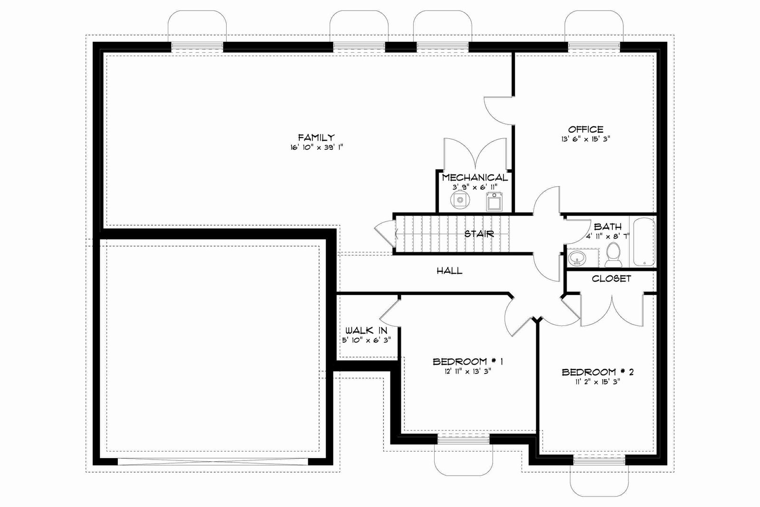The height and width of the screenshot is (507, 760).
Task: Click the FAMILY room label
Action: coord(316,137)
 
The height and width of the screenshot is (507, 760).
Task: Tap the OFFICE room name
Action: coord(586,129)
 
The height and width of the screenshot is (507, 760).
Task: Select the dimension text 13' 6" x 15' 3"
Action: coord(586,139)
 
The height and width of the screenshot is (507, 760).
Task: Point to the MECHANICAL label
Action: coord(475,178)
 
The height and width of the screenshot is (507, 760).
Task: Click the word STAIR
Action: coord(479,234)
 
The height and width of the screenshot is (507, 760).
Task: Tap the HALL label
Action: coord(449,270)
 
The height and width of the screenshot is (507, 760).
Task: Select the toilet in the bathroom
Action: coord(613,255)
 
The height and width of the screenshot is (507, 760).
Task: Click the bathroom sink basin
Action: coord(577,258)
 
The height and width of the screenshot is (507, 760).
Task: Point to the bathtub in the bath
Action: coord(644,242)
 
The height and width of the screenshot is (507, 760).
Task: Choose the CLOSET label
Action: coord(611,278)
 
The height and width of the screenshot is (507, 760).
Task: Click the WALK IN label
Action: coord(366,331)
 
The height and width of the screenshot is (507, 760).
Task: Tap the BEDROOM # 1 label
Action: coord(468,362)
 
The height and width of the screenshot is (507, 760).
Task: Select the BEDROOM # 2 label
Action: coord(598,372)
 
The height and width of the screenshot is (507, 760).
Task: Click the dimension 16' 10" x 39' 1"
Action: coord(316,147)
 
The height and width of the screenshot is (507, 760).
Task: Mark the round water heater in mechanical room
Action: coord(460,200)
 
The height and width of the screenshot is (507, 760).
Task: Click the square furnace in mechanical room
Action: coord(494,201)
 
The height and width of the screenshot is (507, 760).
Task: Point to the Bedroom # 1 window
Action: coord(464,440)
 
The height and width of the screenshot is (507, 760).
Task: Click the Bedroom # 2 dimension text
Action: coord(598,382)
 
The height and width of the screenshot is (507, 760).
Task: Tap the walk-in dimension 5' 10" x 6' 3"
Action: coord(366,340)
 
